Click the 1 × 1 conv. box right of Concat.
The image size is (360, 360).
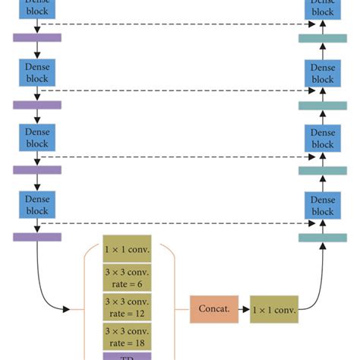[x=274, y=309]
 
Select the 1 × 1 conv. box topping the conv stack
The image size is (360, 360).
[x=128, y=248]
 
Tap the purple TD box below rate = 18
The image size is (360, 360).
[x=128, y=355]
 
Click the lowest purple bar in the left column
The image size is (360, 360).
[x=36, y=237]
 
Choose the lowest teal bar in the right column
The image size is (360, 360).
[x=323, y=238]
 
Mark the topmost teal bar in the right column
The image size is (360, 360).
[x=323, y=39]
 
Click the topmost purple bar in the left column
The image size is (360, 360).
[x=36, y=36]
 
